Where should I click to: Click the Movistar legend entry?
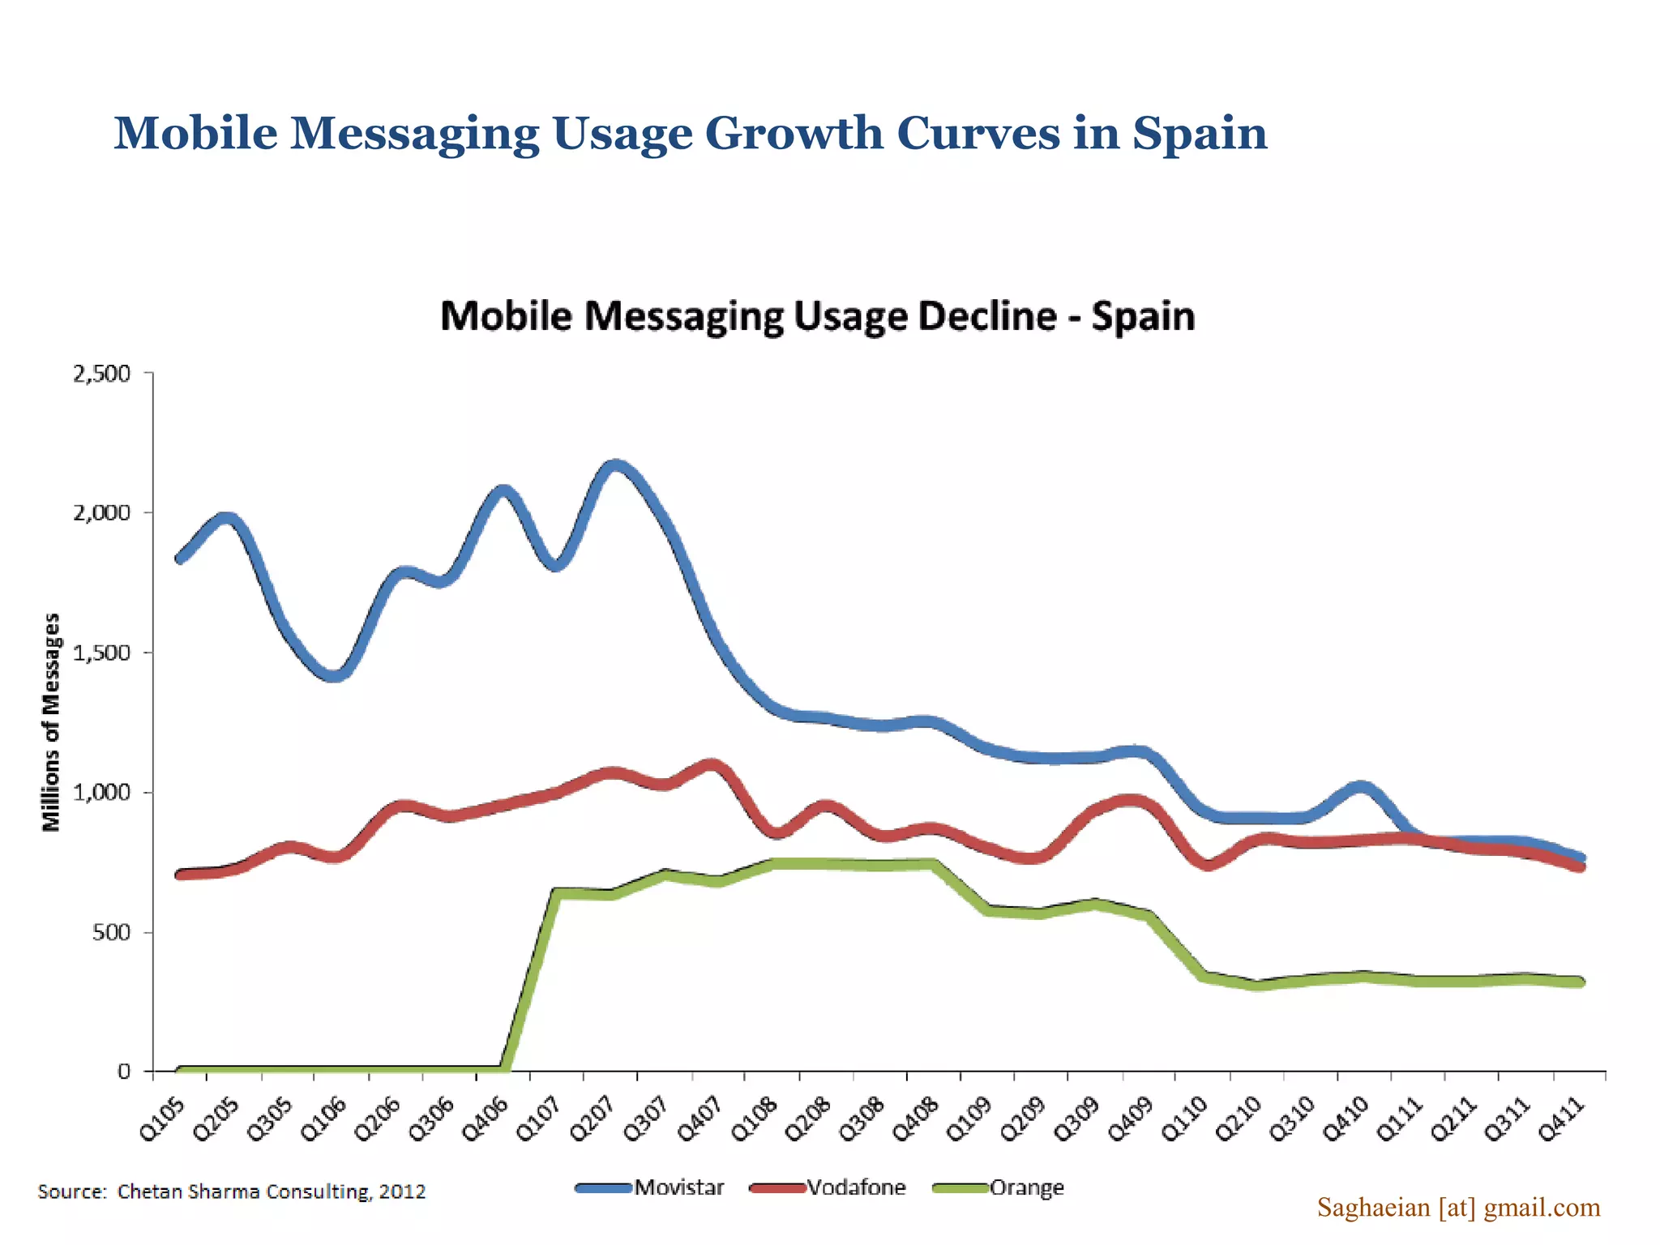pyautogui.click(x=651, y=1187)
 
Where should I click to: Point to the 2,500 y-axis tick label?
pyautogui.click(x=101, y=374)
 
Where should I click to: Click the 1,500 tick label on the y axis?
pyautogui.click(x=101, y=653)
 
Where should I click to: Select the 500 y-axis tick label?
pyautogui.click(x=111, y=932)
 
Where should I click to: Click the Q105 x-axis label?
pyautogui.click(x=163, y=1119)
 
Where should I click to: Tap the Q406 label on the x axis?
pyautogui.click(x=485, y=1119)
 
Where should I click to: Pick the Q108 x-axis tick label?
pyautogui.click(x=754, y=1119)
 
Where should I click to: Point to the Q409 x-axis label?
pyautogui.click(x=1130, y=1119)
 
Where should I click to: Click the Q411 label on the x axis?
pyautogui.click(x=1561, y=1119)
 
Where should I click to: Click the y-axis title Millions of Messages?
pyautogui.click(x=52, y=721)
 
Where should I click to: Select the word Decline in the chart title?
pyautogui.click(x=987, y=316)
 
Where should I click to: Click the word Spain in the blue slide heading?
pyautogui.click(x=1200, y=133)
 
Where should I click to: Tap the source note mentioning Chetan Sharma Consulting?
pyautogui.click(x=231, y=1192)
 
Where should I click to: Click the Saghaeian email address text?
pyautogui.click(x=1458, y=1208)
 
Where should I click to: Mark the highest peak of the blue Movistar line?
pyautogui.click(x=614, y=466)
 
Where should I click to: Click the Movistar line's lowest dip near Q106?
pyautogui.click(x=335, y=675)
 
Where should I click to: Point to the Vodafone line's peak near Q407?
pyautogui.click(x=712, y=764)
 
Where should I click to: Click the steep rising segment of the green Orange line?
pyautogui.click(x=531, y=981)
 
